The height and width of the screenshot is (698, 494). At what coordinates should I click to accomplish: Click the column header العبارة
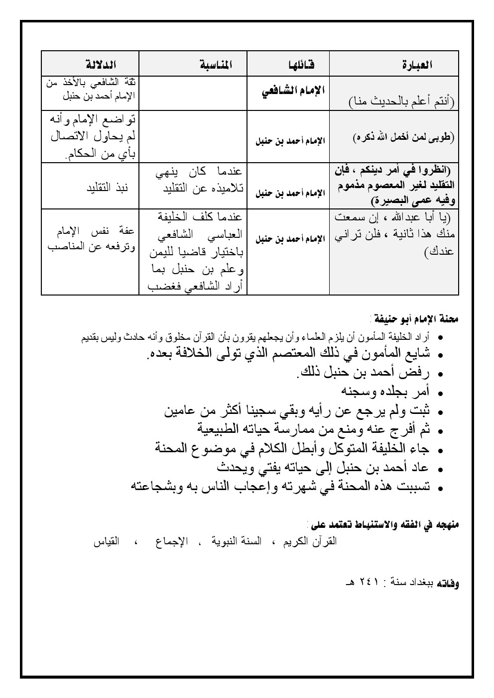click(417, 65)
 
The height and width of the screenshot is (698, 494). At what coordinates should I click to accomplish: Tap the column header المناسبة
click(216, 65)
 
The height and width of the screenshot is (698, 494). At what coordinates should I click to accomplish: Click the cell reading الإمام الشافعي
click(293, 91)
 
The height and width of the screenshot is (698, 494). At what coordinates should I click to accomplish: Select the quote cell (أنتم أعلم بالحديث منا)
click(401, 102)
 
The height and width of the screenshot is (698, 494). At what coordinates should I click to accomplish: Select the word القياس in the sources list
click(106, 542)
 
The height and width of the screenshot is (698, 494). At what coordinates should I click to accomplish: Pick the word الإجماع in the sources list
click(170, 542)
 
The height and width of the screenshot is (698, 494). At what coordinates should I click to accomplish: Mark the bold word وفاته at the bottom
click(448, 582)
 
